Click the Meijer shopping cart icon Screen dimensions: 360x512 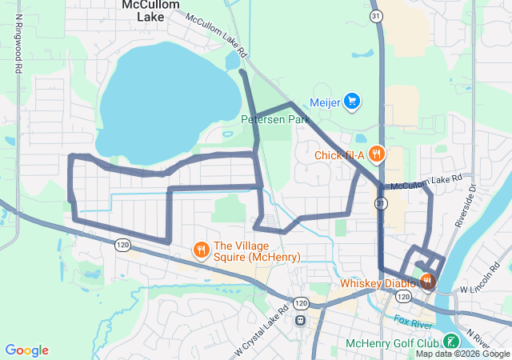[x=352, y=101]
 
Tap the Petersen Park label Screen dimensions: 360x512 [x=275, y=119]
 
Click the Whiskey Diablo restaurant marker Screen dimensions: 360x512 [x=427, y=282]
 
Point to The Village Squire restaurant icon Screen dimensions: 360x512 [x=201, y=250]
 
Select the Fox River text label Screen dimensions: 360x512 [x=414, y=322]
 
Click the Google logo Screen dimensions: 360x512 [x=26, y=350]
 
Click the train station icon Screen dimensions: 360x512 [x=300, y=320]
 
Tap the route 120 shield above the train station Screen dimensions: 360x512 [x=300, y=303]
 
